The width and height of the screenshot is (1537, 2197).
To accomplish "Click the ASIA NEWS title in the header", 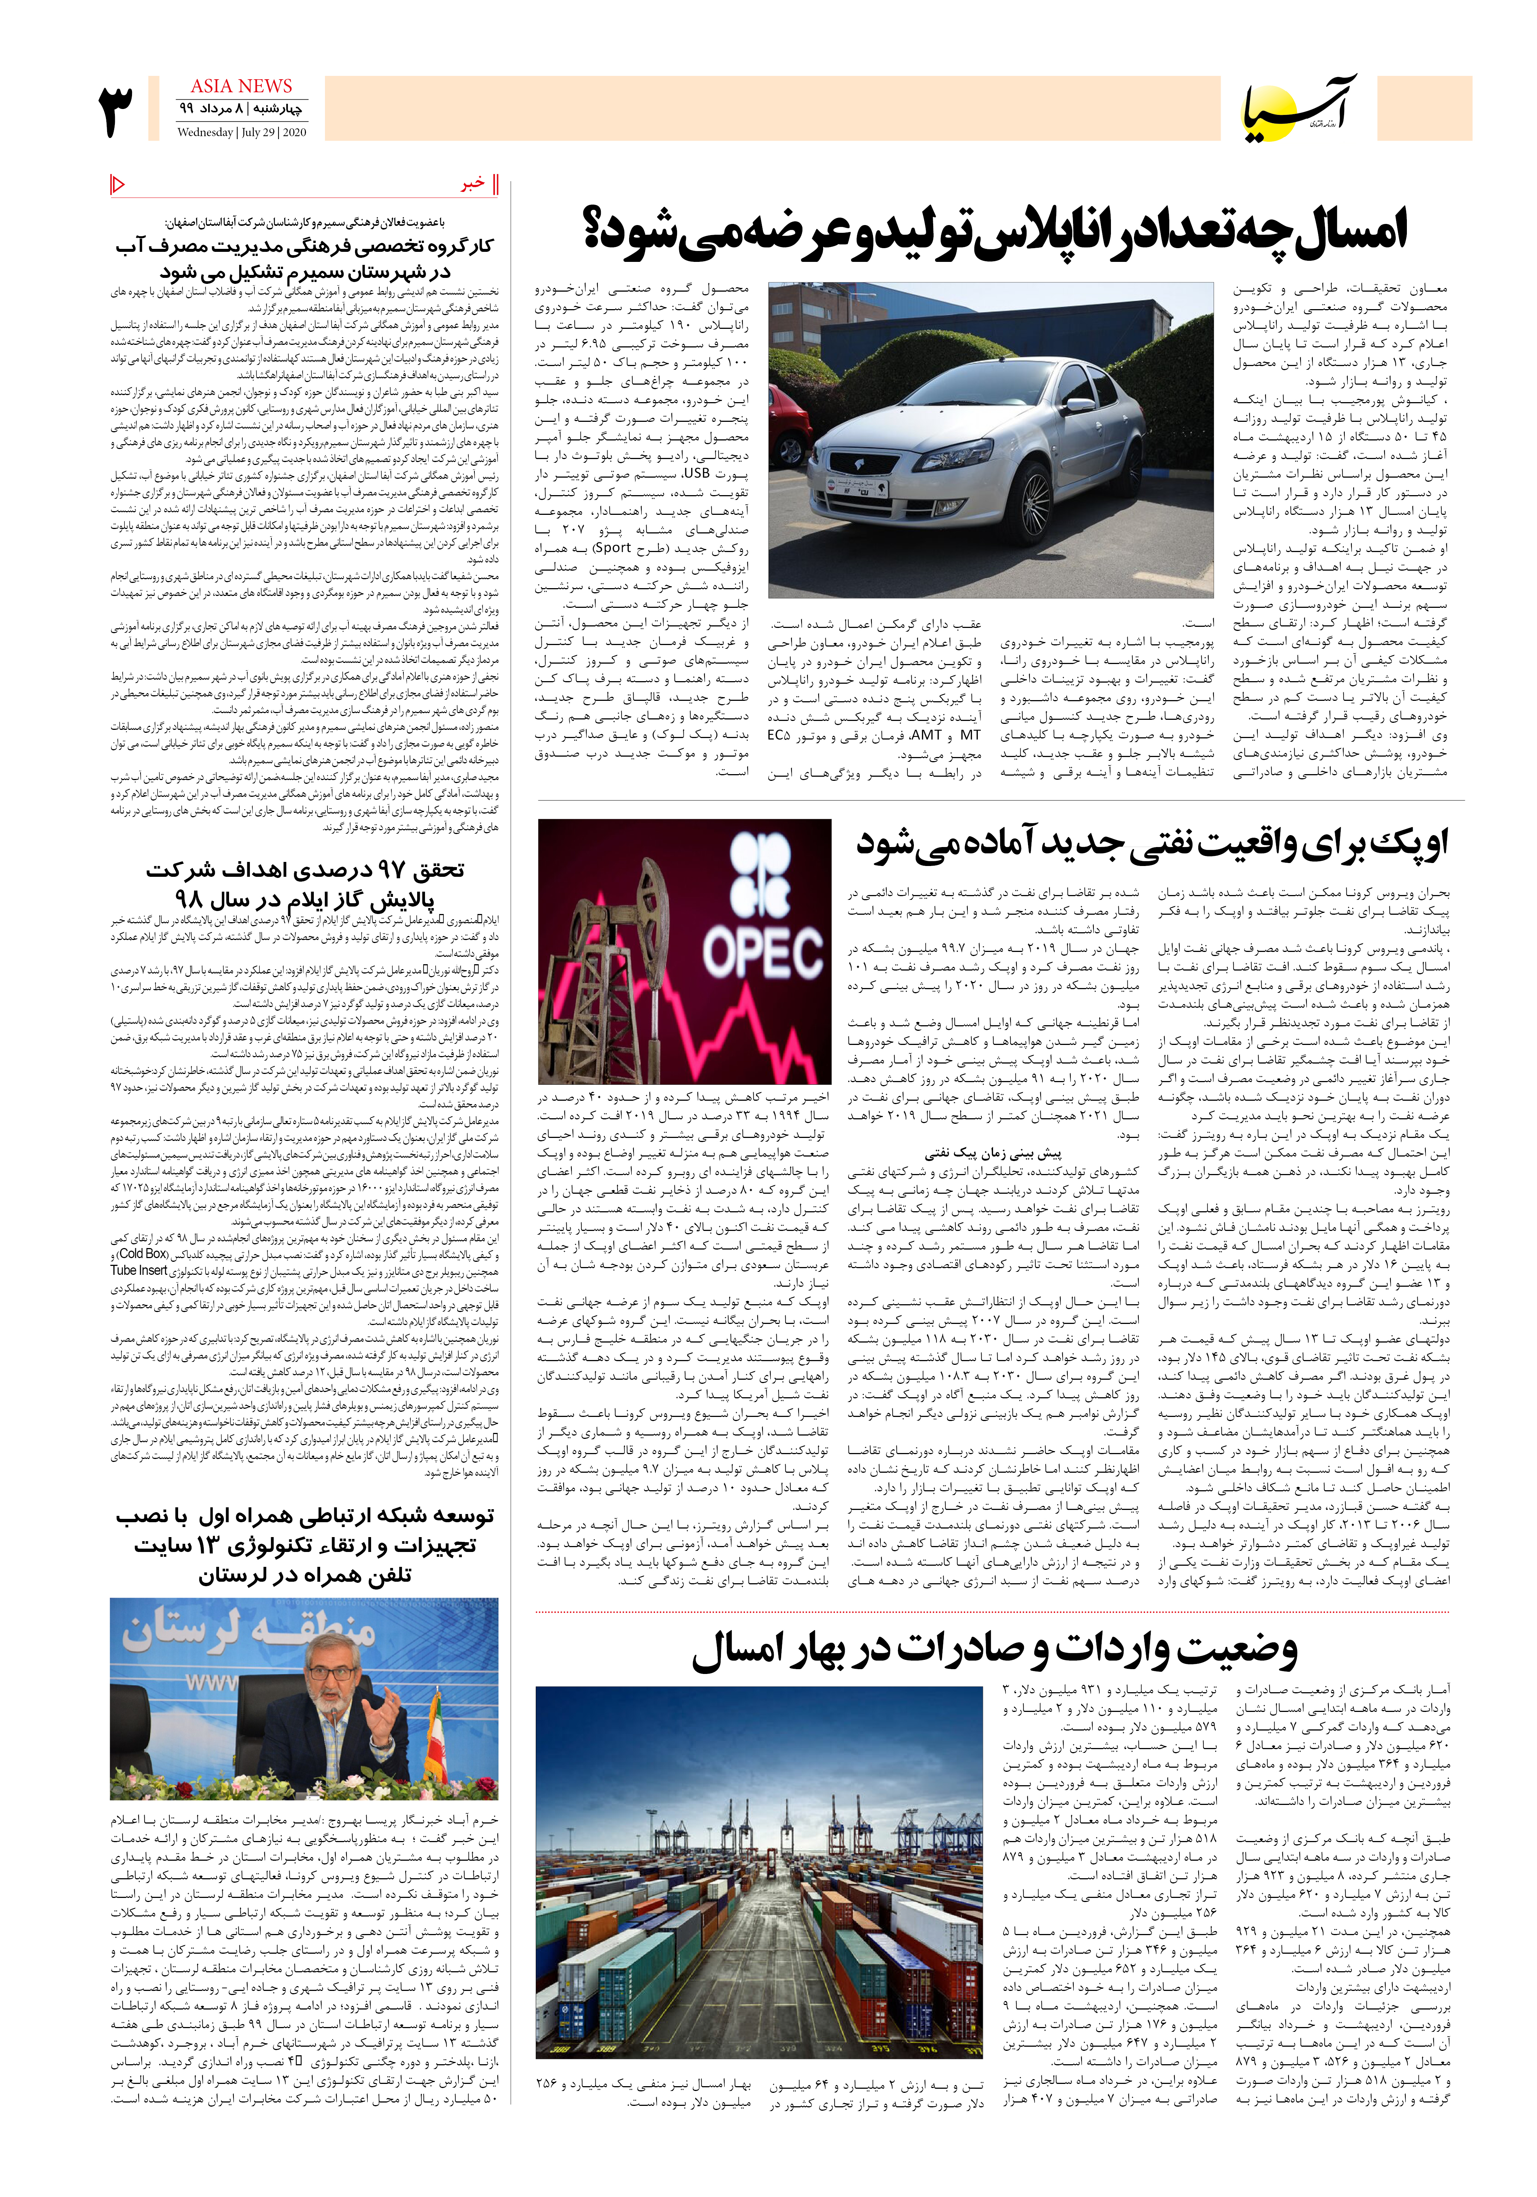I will click(241, 86).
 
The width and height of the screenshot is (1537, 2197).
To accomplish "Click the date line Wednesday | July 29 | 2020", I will click(241, 133).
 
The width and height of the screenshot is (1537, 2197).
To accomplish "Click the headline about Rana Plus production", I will click(995, 232).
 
